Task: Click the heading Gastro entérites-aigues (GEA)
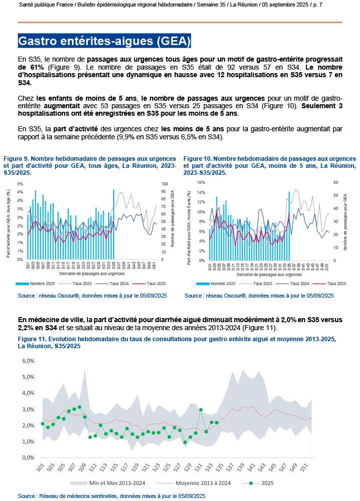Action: (x=104, y=40)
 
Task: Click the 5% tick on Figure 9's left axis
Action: (x=20, y=184)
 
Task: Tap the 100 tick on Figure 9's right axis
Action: (x=162, y=184)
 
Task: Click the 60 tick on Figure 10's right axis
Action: (x=335, y=183)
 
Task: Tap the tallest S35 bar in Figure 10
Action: (x=289, y=225)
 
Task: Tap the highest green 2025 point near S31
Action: (x=201, y=410)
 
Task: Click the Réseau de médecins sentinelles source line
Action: (x=111, y=495)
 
